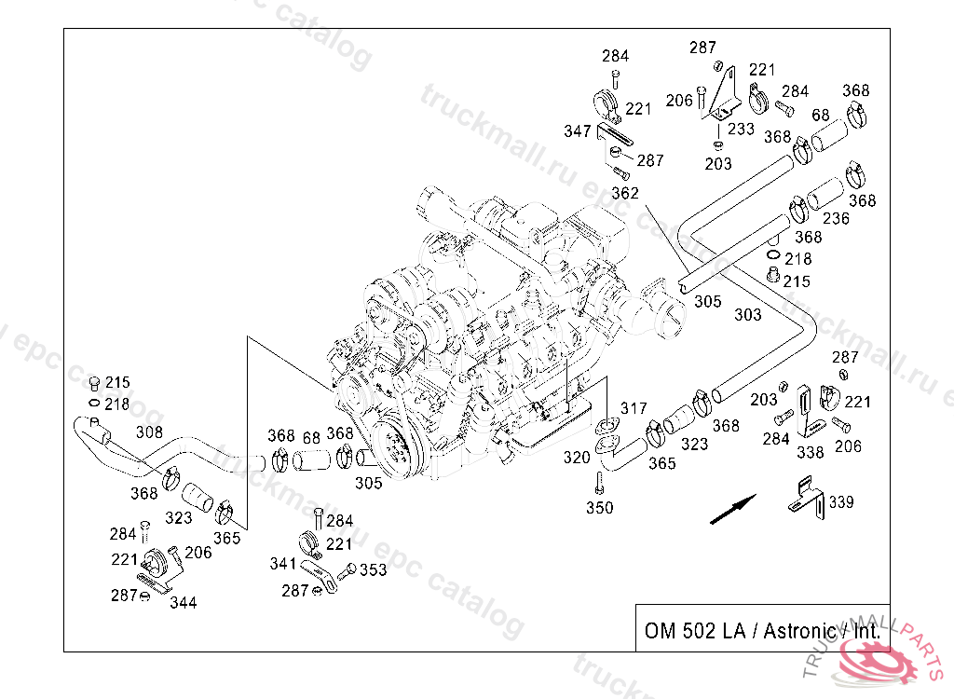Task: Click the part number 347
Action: coord(578,130)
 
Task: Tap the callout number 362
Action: coord(625,193)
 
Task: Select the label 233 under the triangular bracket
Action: coord(741,130)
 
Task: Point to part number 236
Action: coord(836,218)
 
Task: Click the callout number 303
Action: coord(748,315)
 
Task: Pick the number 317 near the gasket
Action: coord(634,408)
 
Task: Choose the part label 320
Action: coord(577,458)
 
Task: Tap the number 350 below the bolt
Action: coord(599,508)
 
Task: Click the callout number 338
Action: coord(811,452)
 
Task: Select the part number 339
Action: coord(841,502)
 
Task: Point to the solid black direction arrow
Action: coord(733,509)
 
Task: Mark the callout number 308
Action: coord(149,432)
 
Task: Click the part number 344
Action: coord(184,603)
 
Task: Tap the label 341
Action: coord(283,564)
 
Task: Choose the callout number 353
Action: coord(373,569)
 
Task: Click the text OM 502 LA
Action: coord(695,631)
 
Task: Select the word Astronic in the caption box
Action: coord(800,631)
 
